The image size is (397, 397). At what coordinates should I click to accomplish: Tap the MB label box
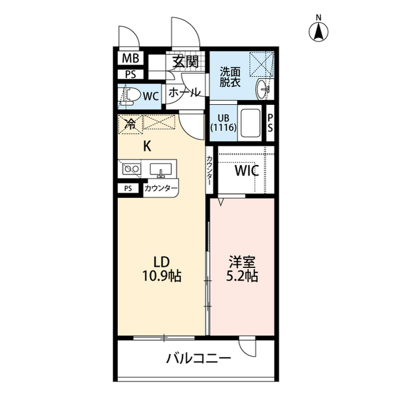point(130,59)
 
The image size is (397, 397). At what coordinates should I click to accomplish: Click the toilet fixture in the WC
point(128,96)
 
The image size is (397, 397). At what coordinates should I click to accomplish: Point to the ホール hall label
point(184,92)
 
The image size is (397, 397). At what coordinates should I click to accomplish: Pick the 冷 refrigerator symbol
point(130,123)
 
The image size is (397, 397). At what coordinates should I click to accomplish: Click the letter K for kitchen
point(147,146)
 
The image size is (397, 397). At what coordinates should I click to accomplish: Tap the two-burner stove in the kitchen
point(130,169)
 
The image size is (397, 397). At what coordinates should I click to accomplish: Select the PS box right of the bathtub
point(270,123)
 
